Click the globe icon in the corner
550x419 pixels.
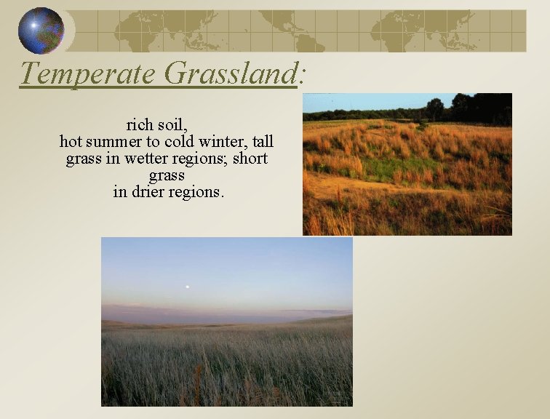[x=41, y=31]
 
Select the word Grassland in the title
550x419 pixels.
[x=231, y=73]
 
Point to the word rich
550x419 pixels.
[x=140, y=124]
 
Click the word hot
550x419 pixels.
[x=73, y=141]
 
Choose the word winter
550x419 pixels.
[x=220, y=141]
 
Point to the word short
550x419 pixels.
[x=250, y=159]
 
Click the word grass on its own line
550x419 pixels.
[x=167, y=176]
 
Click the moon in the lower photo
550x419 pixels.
[x=187, y=287]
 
